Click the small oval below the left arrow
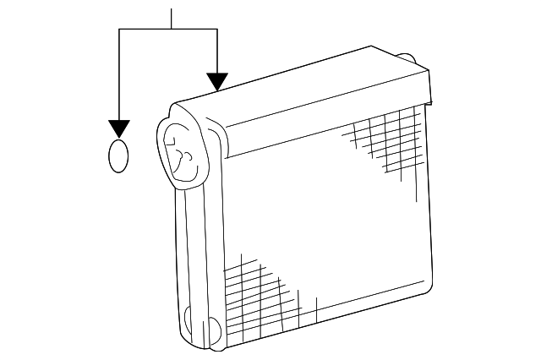click(119, 157)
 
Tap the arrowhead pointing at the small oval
click(119, 129)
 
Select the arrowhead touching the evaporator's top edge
click(218, 82)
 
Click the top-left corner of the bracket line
click(119, 30)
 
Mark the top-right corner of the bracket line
click(218, 30)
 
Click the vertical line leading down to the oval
click(119, 76)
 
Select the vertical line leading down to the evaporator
click(218, 51)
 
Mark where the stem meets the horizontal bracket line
click(172, 30)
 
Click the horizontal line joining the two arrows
click(152, 30)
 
